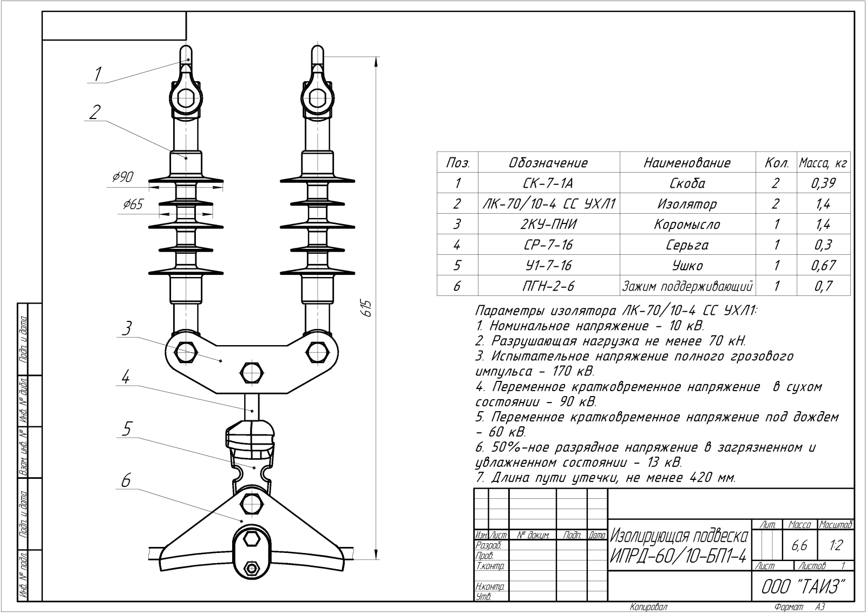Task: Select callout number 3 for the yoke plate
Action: click(126, 328)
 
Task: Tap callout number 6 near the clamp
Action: click(126, 480)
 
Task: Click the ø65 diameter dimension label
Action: click(133, 205)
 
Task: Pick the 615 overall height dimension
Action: click(366, 308)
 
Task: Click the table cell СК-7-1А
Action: click(548, 183)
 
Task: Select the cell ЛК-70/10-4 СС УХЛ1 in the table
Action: click(549, 204)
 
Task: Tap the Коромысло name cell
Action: click(687, 225)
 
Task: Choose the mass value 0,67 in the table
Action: click(823, 266)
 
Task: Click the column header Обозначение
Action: click(548, 163)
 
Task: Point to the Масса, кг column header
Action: click(823, 163)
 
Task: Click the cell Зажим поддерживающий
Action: click(687, 286)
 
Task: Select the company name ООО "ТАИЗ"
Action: click(803, 586)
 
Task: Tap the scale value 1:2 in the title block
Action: click(836, 545)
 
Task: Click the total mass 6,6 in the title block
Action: click(799, 545)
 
